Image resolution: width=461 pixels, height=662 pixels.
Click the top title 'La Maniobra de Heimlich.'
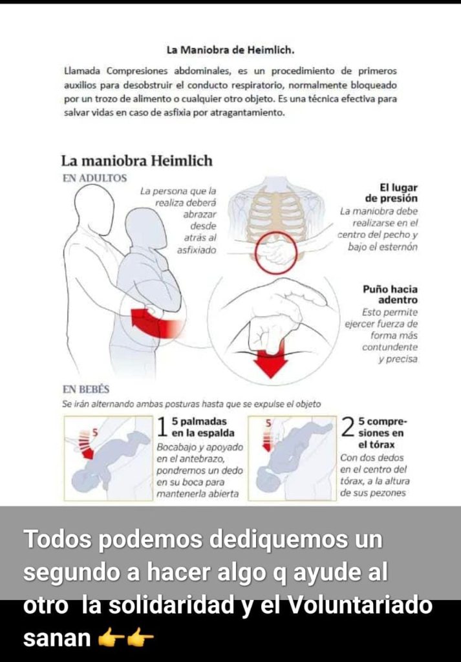230,50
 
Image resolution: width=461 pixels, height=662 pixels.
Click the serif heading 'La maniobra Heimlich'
137,161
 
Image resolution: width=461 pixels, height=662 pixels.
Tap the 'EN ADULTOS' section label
94,178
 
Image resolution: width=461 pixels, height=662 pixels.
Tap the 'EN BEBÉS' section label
86,389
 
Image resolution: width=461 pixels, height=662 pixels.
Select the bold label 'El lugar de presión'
391,193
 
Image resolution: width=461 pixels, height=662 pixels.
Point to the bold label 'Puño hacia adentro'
391,295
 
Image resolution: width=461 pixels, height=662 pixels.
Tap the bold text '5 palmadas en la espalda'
202,427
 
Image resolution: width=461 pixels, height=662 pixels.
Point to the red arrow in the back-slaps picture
86,445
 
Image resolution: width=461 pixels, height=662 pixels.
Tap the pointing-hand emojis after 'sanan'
125,639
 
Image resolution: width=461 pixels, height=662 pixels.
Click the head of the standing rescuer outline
94,204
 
